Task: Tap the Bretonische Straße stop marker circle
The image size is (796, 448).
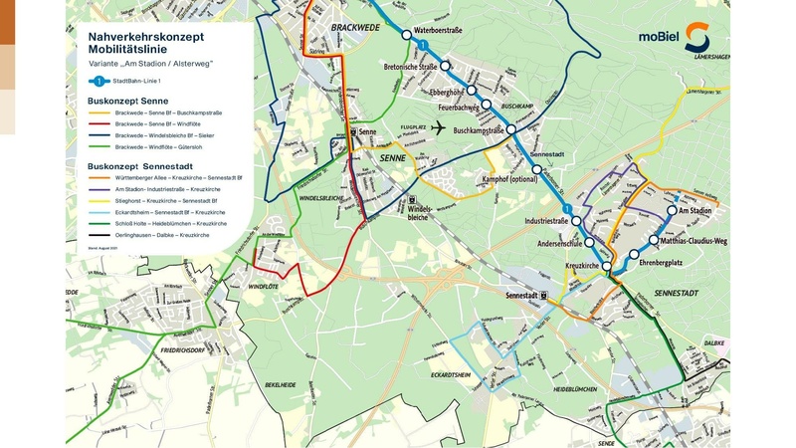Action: coord(445,67)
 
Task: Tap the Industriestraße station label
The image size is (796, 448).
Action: coord(538,220)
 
